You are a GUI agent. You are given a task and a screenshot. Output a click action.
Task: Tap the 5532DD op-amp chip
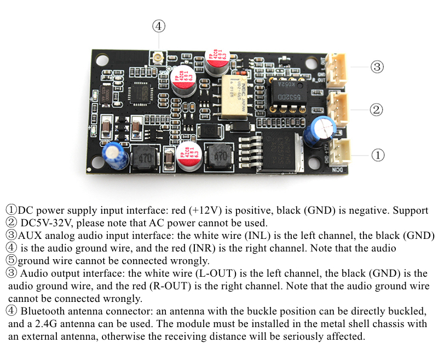point(286,94)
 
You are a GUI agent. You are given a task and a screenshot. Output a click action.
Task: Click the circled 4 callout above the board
point(158,26)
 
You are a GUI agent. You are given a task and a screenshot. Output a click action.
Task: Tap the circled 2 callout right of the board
point(376,110)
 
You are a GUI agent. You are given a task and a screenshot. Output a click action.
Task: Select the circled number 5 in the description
point(11,261)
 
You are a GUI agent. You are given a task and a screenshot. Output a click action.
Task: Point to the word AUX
point(31,236)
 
